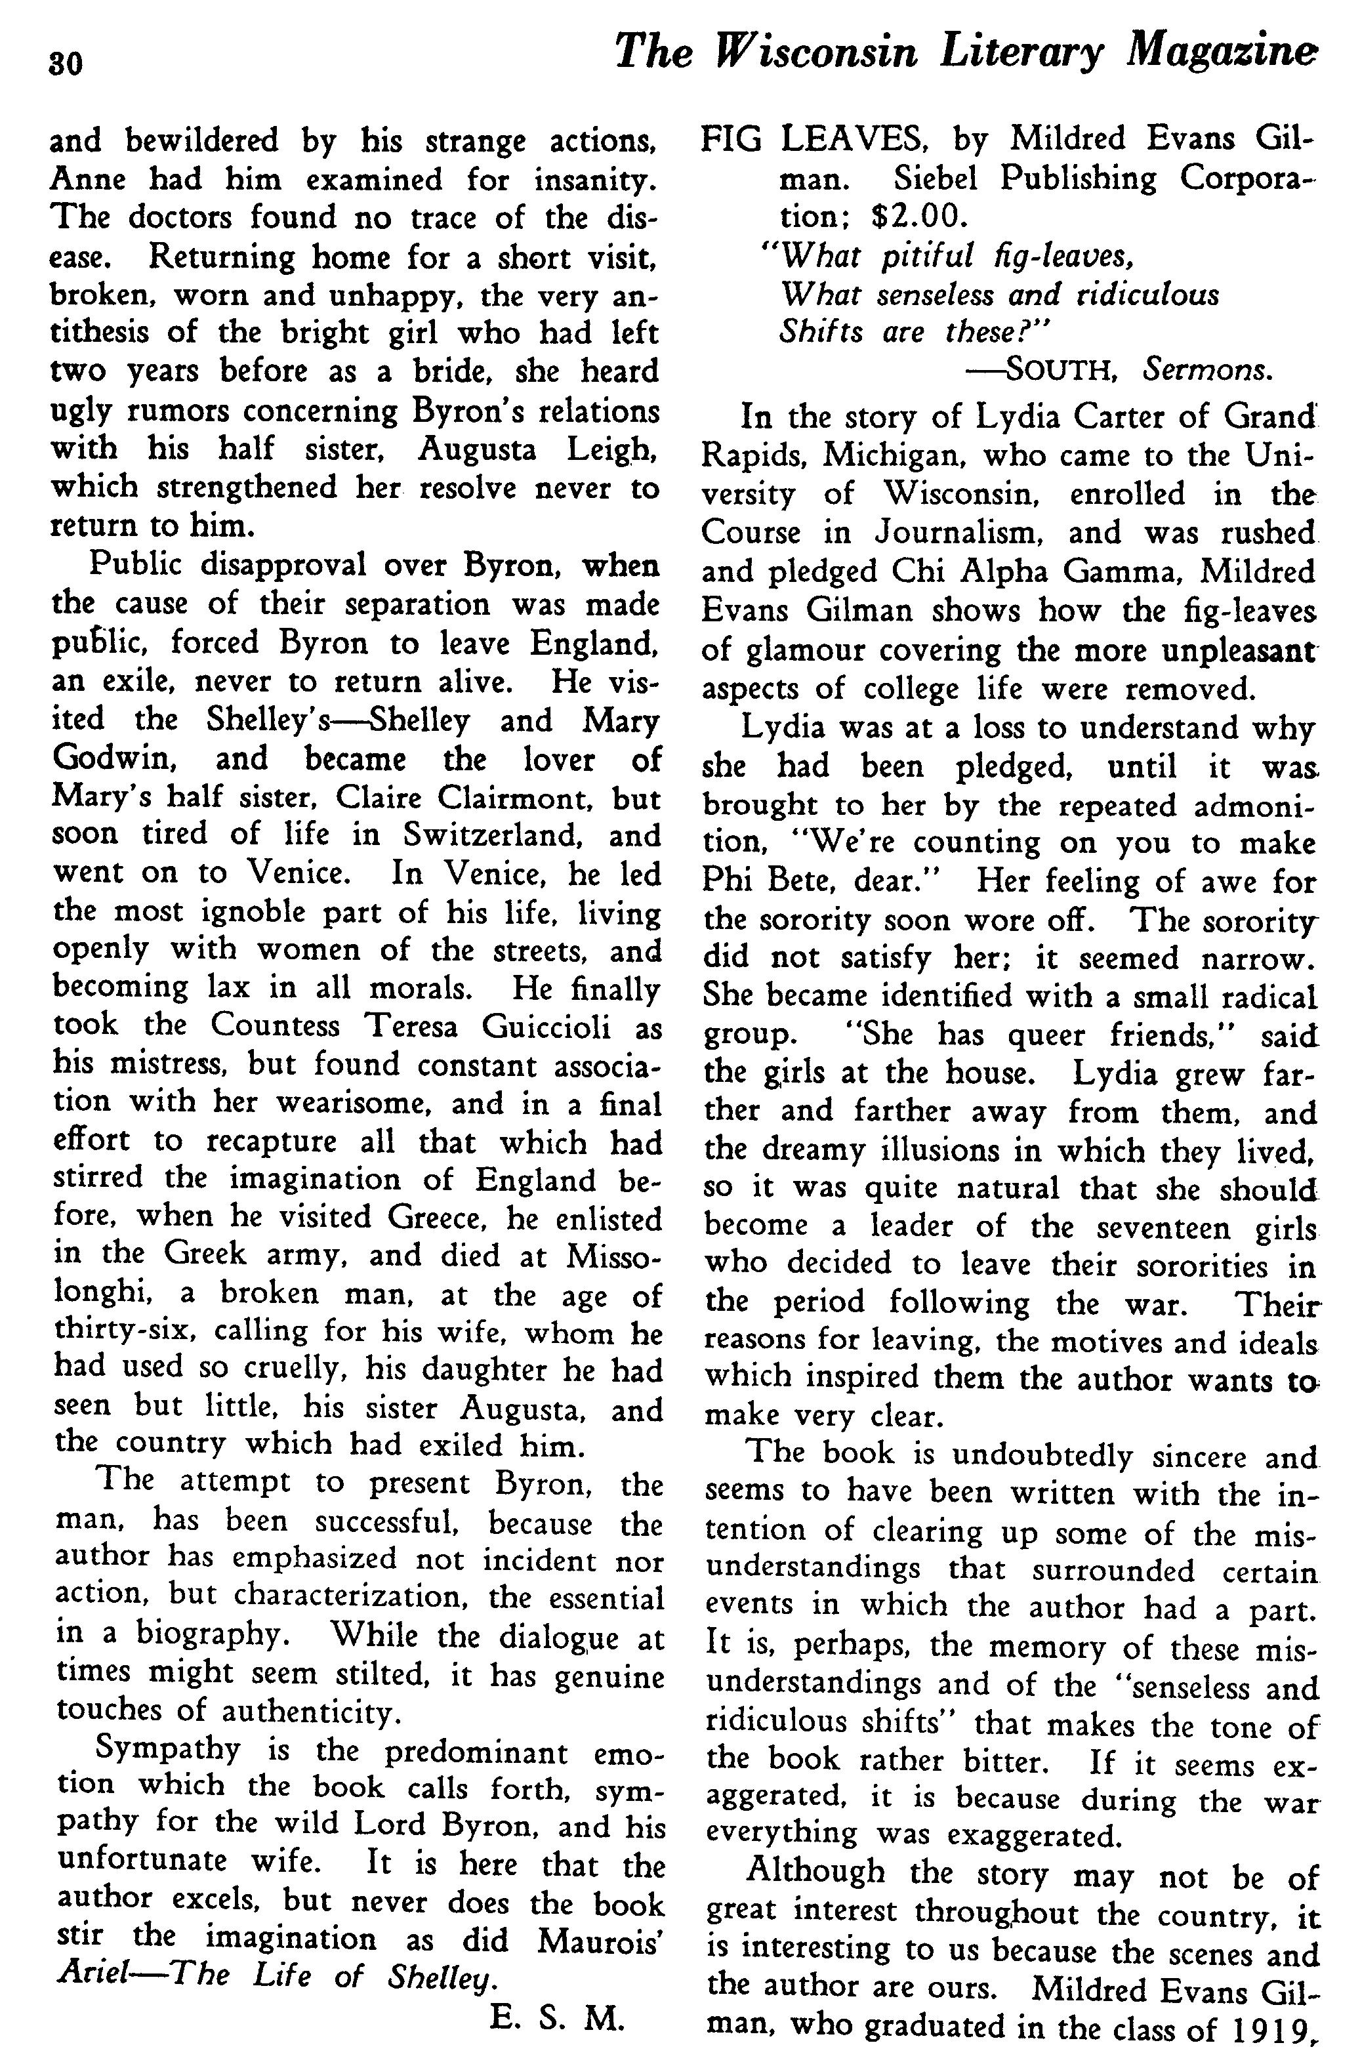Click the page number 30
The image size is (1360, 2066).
[66, 64]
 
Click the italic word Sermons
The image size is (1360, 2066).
[1208, 371]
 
